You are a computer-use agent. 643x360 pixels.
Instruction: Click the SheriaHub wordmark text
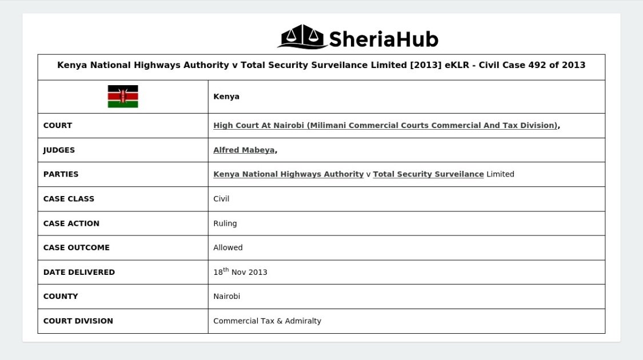[383, 39]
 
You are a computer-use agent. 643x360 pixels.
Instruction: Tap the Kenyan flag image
[123, 97]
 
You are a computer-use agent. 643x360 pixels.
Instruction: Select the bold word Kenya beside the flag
[226, 97]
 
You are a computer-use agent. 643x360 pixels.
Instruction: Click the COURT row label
[58, 126]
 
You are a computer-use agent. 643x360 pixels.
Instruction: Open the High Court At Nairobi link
[385, 126]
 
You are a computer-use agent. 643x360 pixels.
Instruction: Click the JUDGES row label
[59, 150]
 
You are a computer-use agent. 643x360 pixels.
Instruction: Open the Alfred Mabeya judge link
[244, 150]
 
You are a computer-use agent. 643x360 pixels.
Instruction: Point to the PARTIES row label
[61, 174]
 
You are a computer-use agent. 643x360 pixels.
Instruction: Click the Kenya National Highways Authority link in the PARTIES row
[288, 174]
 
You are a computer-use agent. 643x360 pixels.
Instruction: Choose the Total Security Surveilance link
[428, 174]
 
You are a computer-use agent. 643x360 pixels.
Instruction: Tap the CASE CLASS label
[69, 199]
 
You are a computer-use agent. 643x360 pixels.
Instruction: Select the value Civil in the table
[221, 199]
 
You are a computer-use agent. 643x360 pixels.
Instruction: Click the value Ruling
[225, 223]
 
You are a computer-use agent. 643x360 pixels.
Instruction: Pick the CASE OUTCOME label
[76, 247]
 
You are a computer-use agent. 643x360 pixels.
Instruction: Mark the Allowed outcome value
[227, 247]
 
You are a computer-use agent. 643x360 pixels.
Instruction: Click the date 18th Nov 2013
[240, 272]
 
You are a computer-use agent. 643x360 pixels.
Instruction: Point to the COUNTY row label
[61, 297]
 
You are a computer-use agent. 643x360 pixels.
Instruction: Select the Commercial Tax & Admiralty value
[267, 321]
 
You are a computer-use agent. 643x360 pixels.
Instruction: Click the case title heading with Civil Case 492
[321, 65]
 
